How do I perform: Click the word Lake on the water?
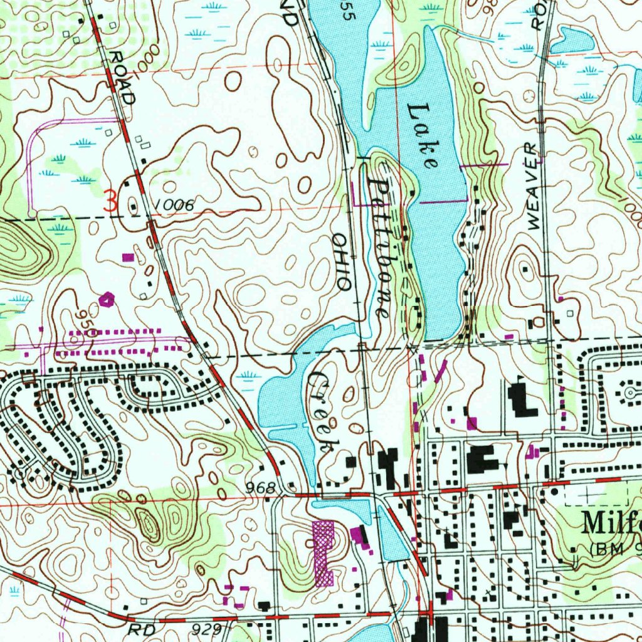[422, 136]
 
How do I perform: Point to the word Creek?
[324, 411]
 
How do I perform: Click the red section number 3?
[110, 202]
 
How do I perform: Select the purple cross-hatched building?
[324, 552]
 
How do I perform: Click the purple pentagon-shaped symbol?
[108, 300]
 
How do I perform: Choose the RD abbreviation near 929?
[141, 628]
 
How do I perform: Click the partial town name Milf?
[611, 522]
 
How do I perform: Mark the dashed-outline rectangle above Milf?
[596, 494]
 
